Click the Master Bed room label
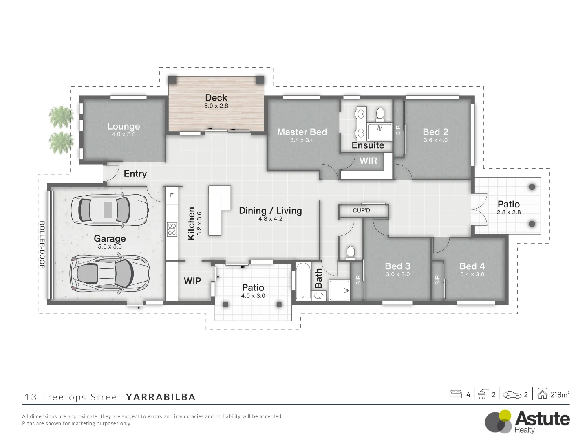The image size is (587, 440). point(302,132)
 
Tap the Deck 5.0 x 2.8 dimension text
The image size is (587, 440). point(216,106)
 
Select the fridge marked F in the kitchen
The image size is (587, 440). point(172,195)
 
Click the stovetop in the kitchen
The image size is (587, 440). point(172,230)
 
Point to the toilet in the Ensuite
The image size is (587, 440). point(380,114)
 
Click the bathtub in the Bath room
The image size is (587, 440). point(303,281)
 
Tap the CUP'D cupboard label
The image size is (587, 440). point(361,211)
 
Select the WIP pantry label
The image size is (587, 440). point(192,281)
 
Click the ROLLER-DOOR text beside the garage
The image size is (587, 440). point(42,245)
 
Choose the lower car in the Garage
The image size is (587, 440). point(110,273)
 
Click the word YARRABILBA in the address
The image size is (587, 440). point(161,397)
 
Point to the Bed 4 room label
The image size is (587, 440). point(472,266)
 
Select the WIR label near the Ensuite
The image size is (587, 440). point(368,161)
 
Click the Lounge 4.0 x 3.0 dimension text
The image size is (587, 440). point(124,134)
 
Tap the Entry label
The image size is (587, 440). point(135,174)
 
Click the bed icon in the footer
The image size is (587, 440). point(456,394)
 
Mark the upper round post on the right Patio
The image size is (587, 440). point(532,187)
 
